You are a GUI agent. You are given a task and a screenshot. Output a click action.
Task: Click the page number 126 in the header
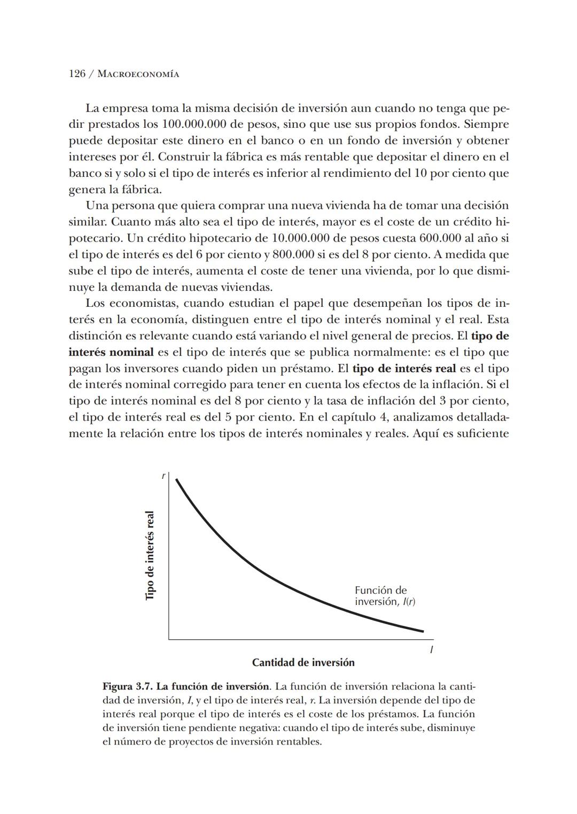coord(77,74)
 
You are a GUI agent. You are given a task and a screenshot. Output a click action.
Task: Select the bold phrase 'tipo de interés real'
coord(404,369)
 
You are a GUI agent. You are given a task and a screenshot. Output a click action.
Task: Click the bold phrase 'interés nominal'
coord(111,352)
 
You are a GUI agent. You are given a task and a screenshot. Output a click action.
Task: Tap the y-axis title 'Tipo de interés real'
coord(150,555)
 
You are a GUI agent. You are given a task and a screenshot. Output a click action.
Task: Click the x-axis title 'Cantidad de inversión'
coord(303,663)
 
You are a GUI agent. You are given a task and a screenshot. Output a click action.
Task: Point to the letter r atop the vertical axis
coord(163,475)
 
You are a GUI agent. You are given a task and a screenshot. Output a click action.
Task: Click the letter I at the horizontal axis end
coord(431,650)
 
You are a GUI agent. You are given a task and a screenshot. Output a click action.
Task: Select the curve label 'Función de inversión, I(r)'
coord(385,596)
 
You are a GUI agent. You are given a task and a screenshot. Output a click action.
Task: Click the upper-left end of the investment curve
coord(176,480)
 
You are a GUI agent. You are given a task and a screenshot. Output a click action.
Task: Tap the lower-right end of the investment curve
coord(423,631)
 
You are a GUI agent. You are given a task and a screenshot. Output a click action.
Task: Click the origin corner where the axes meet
coord(169,639)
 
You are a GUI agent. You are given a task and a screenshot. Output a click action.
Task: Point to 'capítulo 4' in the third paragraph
coord(346,417)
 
